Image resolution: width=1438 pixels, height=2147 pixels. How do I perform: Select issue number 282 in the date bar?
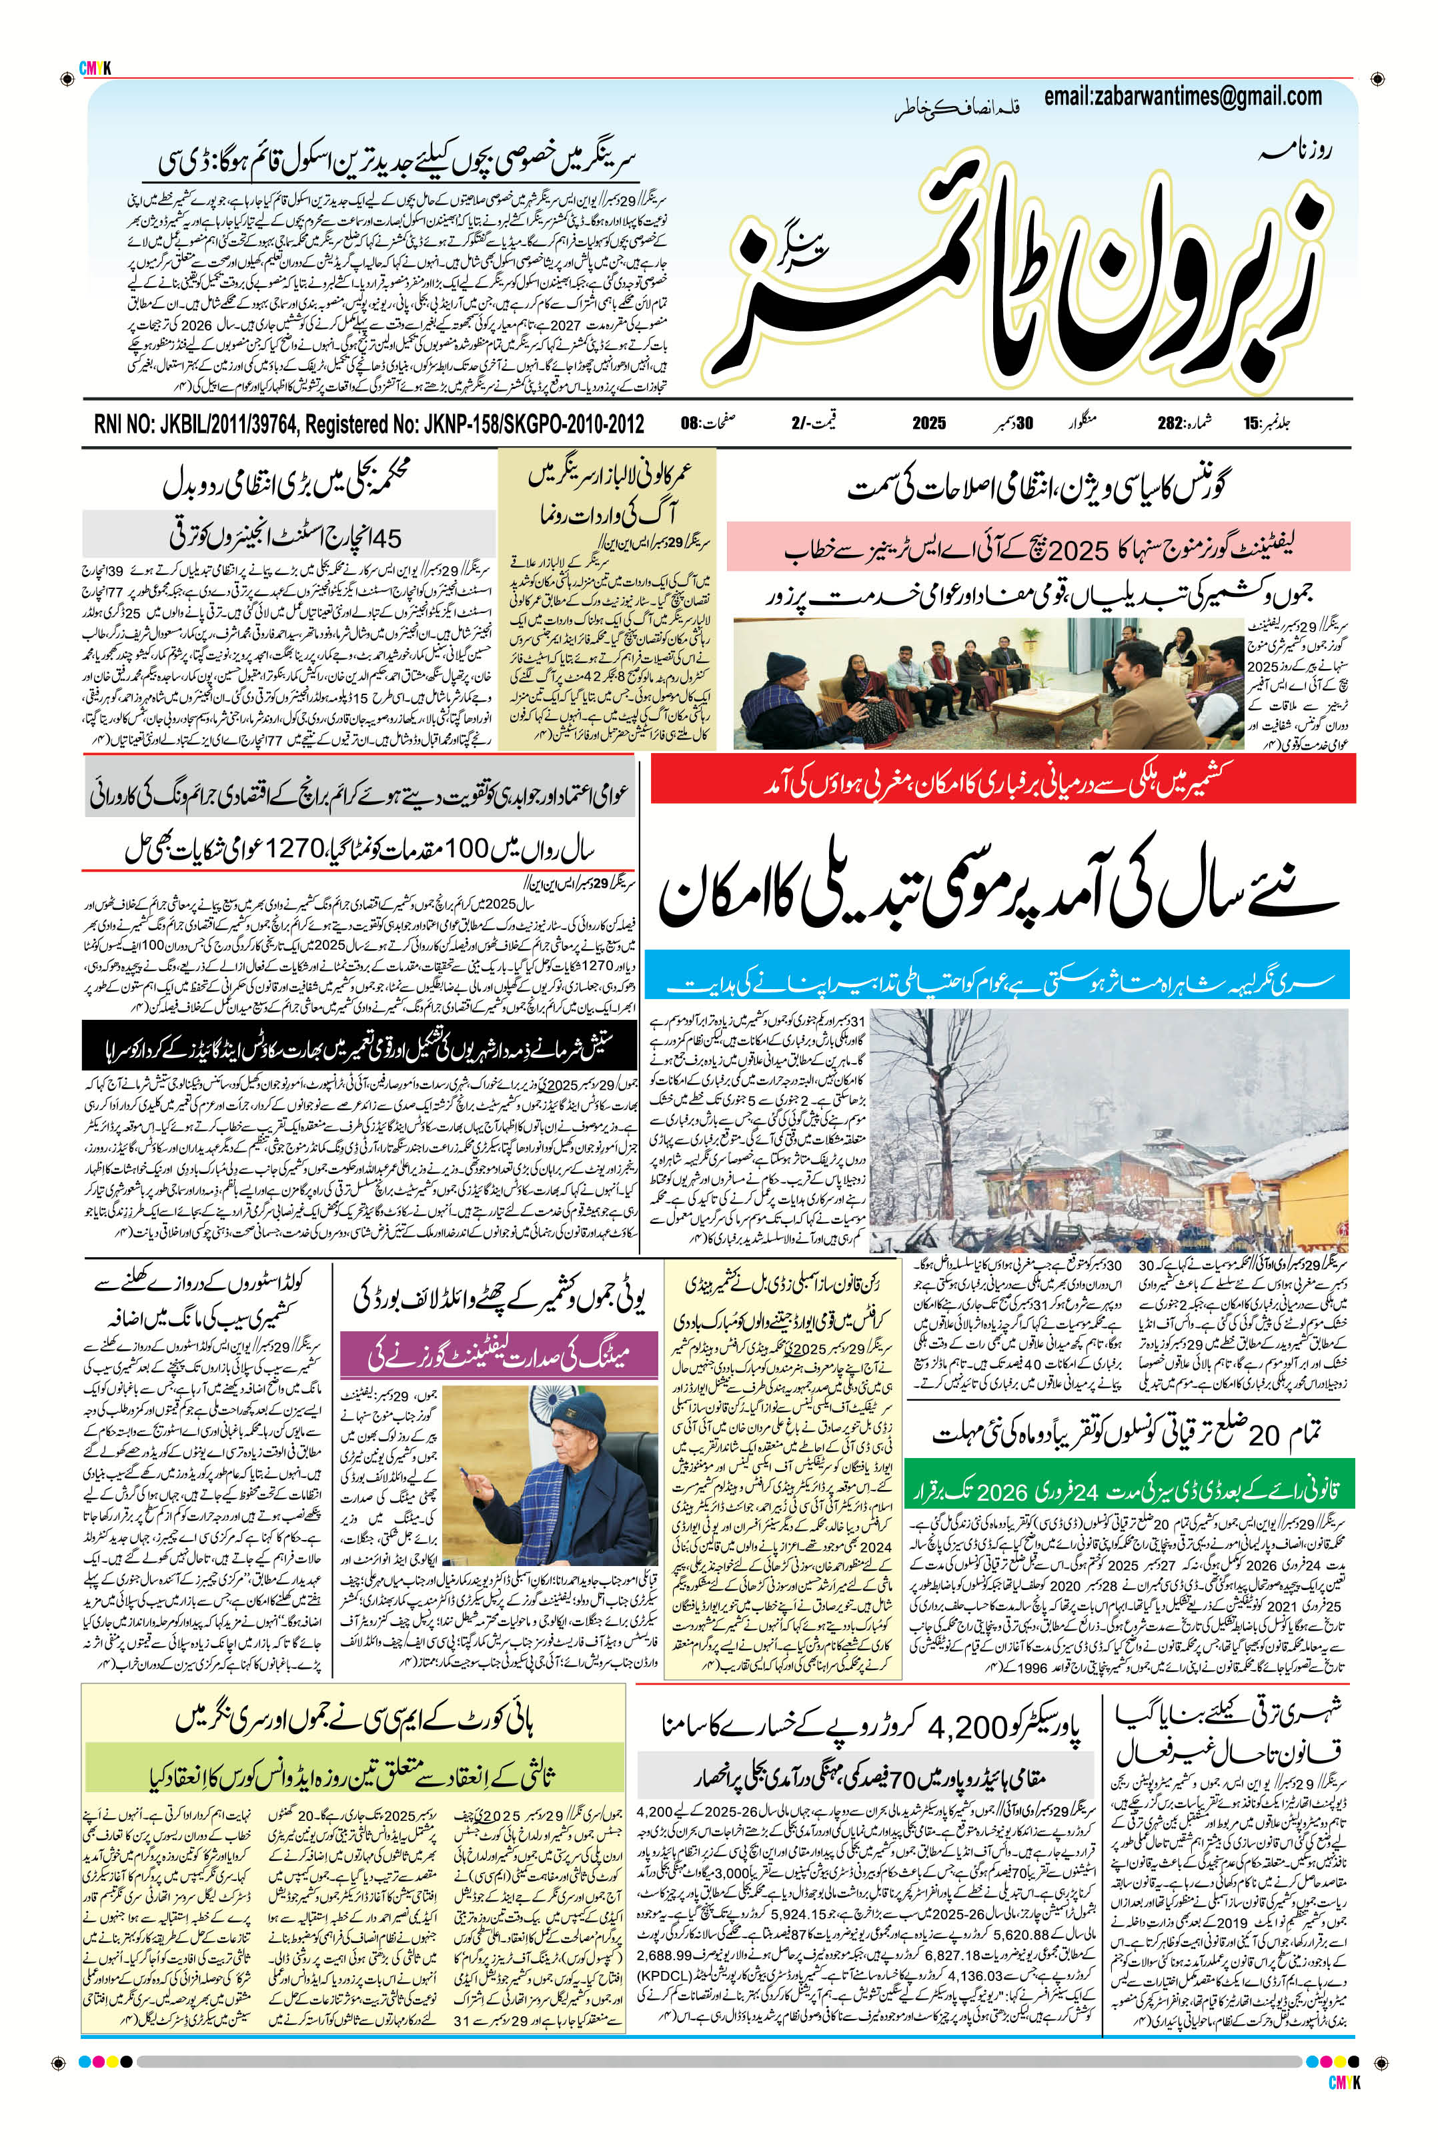pos(1169,424)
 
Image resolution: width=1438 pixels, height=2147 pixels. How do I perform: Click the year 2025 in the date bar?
pos(928,424)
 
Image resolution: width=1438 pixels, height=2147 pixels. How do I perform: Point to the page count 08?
pos(690,424)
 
